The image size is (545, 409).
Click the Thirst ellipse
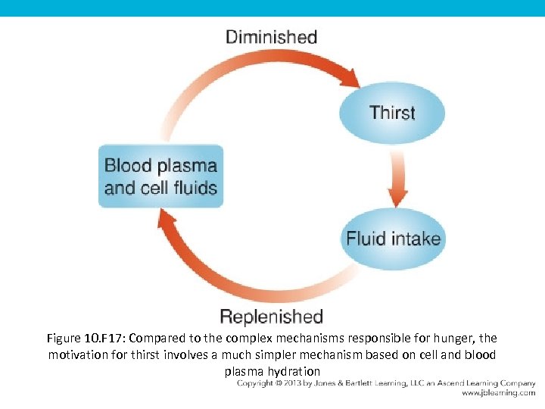[x=391, y=113]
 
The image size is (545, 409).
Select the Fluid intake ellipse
[x=392, y=239]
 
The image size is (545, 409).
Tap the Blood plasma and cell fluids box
[x=160, y=176]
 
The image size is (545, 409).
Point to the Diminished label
[x=271, y=36]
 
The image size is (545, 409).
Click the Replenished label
[x=271, y=316]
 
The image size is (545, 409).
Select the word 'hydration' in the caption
[x=295, y=371]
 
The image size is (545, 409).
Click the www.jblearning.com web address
[x=497, y=394]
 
